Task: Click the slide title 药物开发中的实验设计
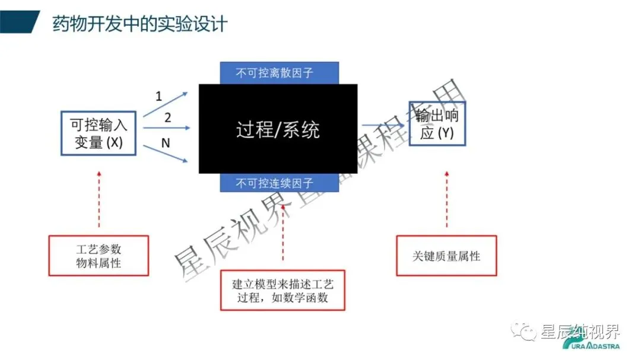click(139, 24)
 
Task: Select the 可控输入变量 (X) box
click(99, 133)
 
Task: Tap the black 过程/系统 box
click(278, 129)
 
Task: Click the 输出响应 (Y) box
click(437, 123)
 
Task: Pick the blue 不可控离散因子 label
click(279, 73)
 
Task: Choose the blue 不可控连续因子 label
click(279, 183)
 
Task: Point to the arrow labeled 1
click(167, 102)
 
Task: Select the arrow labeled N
click(168, 152)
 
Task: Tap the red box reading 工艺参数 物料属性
click(99, 256)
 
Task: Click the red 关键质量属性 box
click(446, 256)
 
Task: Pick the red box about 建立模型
click(283, 290)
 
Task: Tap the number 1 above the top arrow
click(158, 95)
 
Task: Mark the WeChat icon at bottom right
click(526, 332)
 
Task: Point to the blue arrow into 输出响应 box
click(384, 125)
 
